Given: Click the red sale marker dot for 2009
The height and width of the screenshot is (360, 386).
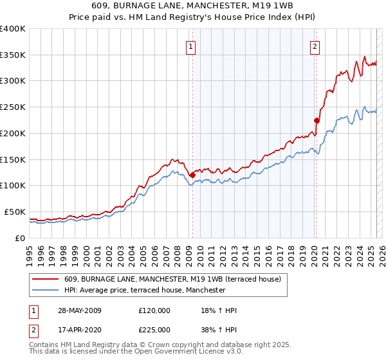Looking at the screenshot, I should (192, 174).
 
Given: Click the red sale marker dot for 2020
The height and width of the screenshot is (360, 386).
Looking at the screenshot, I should (316, 120).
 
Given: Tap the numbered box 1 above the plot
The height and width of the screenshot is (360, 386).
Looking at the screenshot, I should (192, 46).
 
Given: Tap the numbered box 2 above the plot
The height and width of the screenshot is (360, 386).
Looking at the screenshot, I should (315, 46).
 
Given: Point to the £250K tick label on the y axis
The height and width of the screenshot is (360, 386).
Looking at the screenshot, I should (13, 107).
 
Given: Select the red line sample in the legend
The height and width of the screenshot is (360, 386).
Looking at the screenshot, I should (46, 280).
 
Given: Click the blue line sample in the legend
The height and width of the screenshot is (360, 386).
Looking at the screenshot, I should (46, 290).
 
